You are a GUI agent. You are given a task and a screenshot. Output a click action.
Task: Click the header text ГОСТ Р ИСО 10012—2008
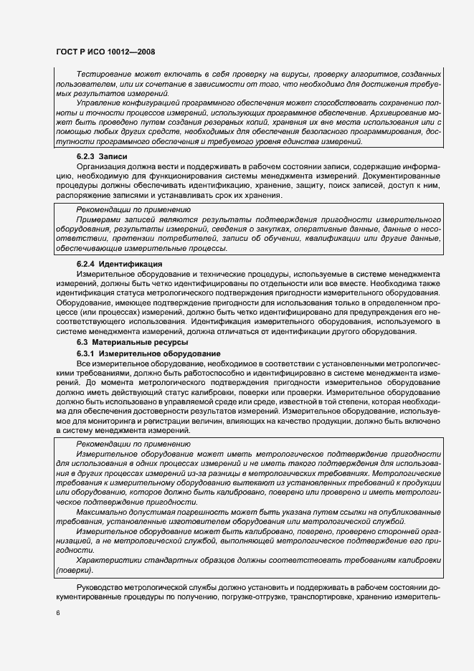105,52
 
